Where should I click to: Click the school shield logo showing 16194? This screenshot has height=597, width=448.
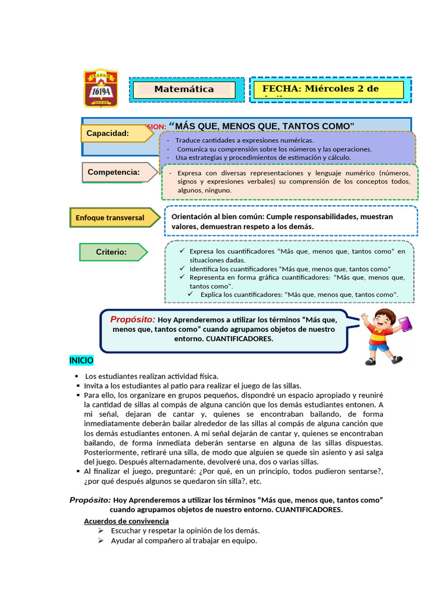(x=101, y=88)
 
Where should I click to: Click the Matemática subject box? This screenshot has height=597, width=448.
(x=184, y=90)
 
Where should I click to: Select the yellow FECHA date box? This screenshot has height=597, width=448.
(x=328, y=90)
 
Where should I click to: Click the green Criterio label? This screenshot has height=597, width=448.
(x=112, y=252)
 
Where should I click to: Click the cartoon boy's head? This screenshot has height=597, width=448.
(x=384, y=320)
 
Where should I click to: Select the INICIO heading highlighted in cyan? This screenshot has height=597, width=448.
(x=81, y=361)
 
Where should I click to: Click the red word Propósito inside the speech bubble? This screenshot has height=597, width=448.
(x=133, y=319)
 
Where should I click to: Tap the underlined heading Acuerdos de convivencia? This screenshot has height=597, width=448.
(x=127, y=521)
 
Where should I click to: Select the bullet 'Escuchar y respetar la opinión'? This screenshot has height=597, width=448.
(x=185, y=531)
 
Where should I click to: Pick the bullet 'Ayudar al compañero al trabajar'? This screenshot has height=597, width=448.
(x=184, y=540)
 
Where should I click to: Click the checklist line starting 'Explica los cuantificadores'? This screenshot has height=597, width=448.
(x=299, y=294)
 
